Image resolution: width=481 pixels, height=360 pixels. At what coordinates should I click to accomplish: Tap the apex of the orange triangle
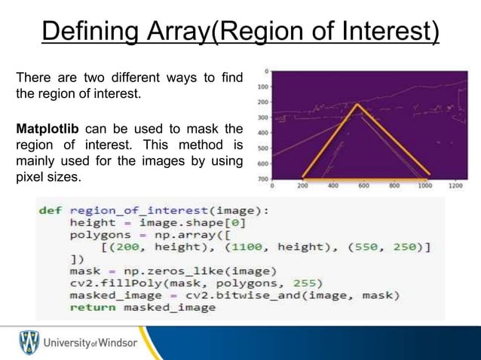(357, 104)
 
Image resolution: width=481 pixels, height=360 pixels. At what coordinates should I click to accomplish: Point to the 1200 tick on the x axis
(455, 185)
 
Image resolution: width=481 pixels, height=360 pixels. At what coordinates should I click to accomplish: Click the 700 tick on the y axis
(261, 179)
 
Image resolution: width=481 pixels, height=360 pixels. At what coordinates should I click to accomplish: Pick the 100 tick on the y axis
(261, 87)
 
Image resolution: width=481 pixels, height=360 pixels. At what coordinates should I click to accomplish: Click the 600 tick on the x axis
(363, 185)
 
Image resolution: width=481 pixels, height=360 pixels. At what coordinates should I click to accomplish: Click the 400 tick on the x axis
(332, 185)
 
